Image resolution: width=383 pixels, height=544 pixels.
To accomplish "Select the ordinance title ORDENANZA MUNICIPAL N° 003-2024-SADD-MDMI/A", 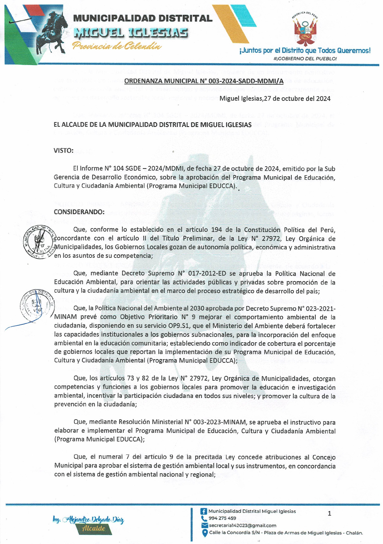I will coord(204,81).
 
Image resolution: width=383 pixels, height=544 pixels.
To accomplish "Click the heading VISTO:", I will coord(63,151).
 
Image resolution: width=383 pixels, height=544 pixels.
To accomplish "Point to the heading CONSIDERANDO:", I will coord(79,212).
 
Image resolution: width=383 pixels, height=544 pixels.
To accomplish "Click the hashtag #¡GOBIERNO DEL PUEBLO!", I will coord(305,59).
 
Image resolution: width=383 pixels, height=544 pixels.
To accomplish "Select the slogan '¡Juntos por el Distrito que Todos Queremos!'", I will coord(304,50).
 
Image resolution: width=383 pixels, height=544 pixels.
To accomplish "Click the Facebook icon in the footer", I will coord(204,511).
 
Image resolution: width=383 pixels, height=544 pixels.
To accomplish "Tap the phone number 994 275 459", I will coord(222,518).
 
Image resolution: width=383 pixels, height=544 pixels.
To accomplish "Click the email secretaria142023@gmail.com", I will coord(242,525).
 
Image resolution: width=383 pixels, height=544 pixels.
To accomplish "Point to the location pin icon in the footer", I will coord(205,533).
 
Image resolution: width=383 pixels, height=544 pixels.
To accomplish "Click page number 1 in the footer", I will coord(329,514).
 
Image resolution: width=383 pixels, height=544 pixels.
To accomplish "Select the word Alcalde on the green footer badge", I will coord(94,528).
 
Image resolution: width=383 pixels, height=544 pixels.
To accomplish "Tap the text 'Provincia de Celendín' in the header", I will coord(117,46).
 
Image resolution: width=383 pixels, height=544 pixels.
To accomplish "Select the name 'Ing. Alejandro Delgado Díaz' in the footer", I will coord(88,520).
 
